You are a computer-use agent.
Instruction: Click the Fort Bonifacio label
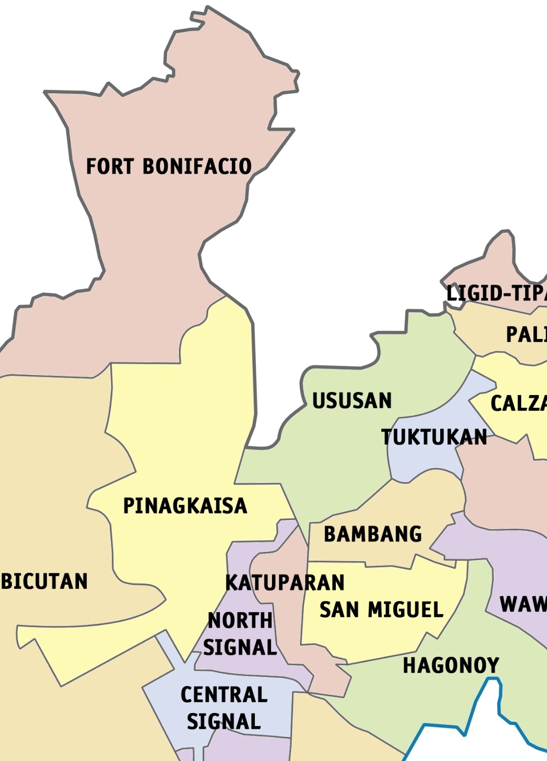[x=169, y=166]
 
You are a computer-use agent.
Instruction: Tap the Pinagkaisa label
[x=185, y=506]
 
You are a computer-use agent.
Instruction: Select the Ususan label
[x=351, y=401]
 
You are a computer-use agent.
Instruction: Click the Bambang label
[x=373, y=534]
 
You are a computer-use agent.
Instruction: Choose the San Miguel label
[x=381, y=610]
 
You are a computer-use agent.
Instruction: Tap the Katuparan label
[x=285, y=583]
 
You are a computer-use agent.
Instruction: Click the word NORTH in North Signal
[x=240, y=621]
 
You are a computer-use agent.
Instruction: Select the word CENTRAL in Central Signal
[x=224, y=695]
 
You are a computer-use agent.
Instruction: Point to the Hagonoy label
[x=451, y=665]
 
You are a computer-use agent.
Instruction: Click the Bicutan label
[x=45, y=581]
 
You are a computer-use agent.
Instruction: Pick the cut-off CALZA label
[x=518, y=403]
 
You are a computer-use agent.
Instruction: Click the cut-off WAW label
[x=523, y=604]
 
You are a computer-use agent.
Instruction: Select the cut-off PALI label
[x=526, y=334]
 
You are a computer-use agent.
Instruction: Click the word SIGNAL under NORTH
[x=240, y=648]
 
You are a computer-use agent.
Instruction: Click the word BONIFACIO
[x=197, y=166]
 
